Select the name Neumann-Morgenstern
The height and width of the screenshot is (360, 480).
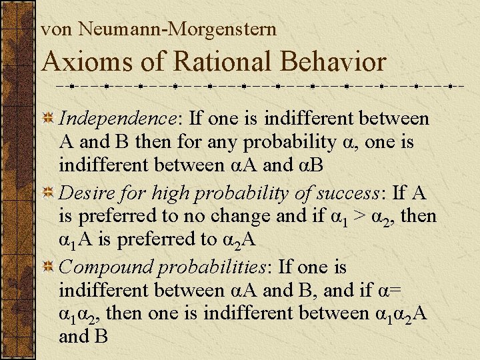[x=177, y=29]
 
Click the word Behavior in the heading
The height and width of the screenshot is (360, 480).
[x=333, y=62]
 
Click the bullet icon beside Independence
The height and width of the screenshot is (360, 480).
[x=48, y=119]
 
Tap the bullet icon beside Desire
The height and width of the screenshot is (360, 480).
[x=48, y=194]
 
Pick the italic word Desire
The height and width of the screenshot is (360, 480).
[x=84, y=193]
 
